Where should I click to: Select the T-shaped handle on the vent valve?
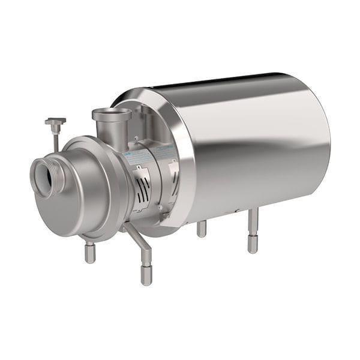55,122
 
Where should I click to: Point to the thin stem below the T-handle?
56,142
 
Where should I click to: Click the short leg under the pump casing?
90,252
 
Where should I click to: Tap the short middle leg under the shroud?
202,228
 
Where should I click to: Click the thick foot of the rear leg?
253,243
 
